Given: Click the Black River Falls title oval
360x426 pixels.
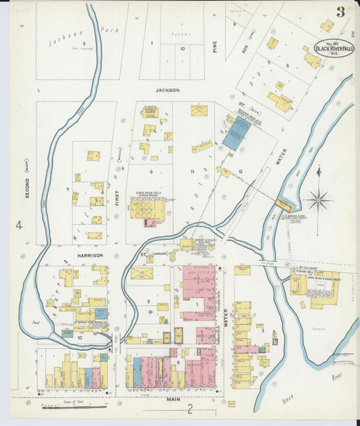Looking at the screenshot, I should (x=332, y=49).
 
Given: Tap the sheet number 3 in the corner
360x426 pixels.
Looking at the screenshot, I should (x=341, y=11).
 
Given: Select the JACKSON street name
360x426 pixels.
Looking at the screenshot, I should (x=168, y=90).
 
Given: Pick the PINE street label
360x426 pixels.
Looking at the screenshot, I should (x=215, y=47).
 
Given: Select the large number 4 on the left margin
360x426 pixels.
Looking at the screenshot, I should (x=19, y=225).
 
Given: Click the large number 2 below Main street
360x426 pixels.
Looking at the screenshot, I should (x=190, y=408).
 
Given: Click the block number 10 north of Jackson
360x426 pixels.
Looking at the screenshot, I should (x=182, y=49).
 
